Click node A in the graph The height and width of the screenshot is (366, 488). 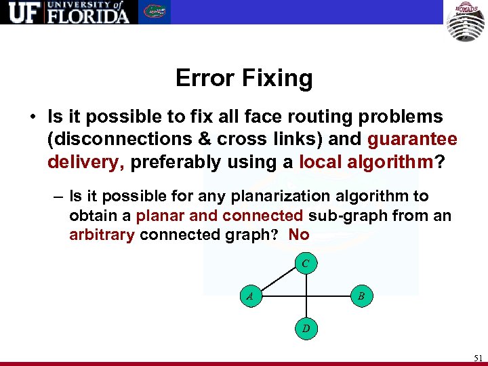[250, 296]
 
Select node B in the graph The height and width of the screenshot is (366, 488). [361, 296]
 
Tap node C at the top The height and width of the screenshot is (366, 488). [306, 263]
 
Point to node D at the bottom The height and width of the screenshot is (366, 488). [306, 329]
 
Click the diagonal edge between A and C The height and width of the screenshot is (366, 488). [278, 280]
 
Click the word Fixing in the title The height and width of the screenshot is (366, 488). [277, 79]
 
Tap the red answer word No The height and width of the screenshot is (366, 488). [298, 235]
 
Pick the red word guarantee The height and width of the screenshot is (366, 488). [412, 139]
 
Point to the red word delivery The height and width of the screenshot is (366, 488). [86, 162]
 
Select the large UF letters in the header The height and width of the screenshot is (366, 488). [22, 12]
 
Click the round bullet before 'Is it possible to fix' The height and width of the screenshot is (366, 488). [33, 117]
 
